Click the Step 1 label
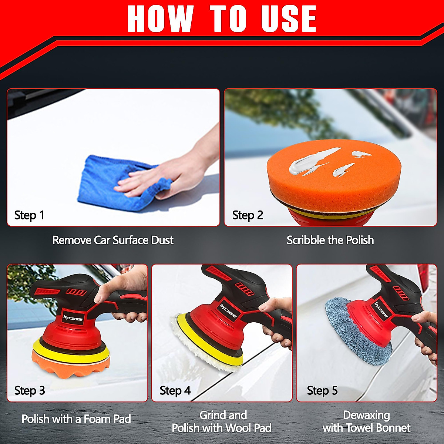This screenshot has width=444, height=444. coord(29,215)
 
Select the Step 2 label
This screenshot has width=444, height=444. coord(248,215)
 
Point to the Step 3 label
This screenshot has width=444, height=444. coord(30,391)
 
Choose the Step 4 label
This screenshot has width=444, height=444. coord(175,391)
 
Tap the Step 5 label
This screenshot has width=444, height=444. coord(322,391)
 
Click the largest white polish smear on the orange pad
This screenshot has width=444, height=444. coord(311,162)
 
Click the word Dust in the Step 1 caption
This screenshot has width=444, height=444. coord(162,240)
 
